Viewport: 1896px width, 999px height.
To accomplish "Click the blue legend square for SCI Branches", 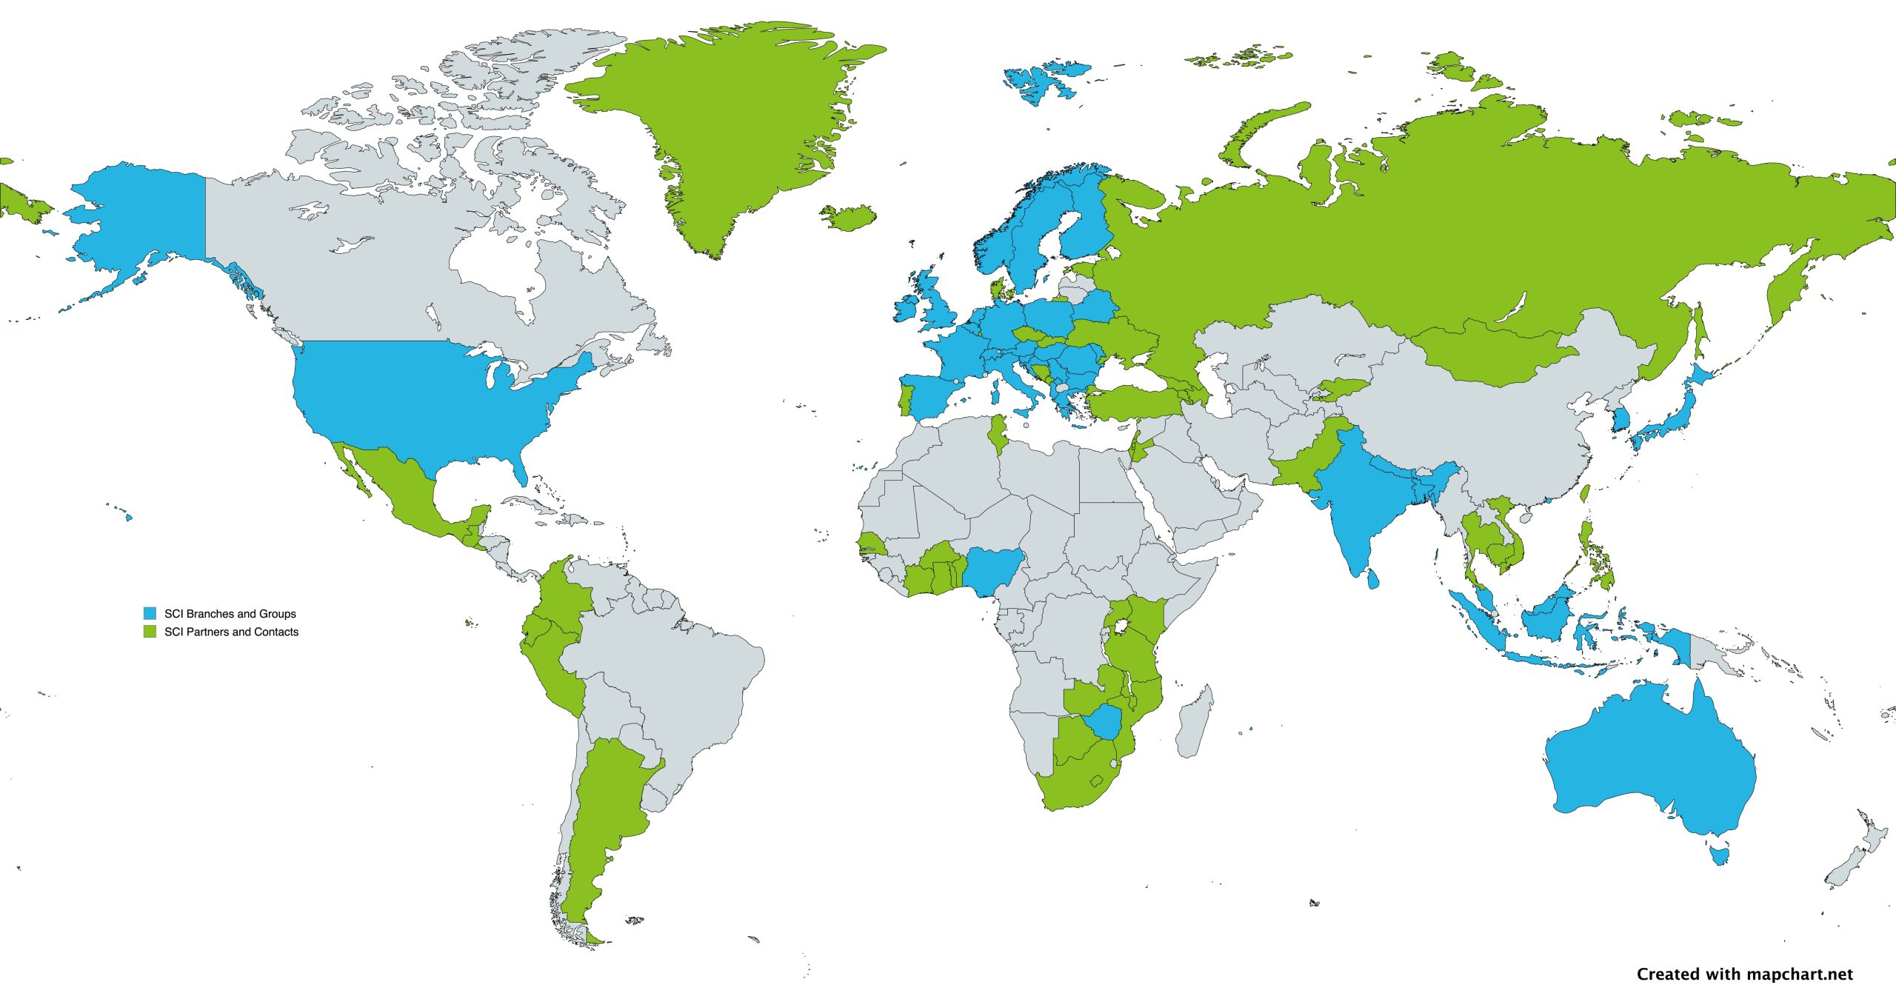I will coord(150,613).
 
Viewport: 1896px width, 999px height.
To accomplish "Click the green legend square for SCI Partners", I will coord(150,632).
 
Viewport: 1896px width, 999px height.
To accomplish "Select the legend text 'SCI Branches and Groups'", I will coord(230,613).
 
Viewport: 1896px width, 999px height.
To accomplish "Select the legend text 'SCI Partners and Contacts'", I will coord(231,632).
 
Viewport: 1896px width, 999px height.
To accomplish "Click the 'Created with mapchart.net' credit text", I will coord(1744,974).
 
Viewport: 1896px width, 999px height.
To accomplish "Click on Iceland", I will coord(849,218).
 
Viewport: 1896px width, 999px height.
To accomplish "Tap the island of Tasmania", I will coord(1720,856).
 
